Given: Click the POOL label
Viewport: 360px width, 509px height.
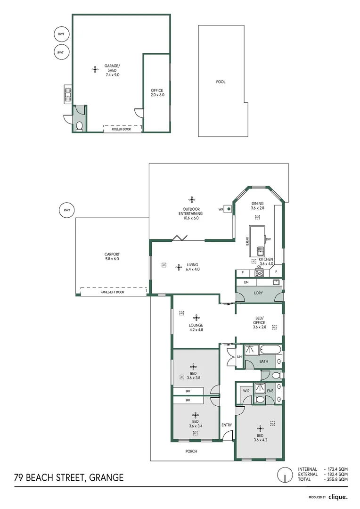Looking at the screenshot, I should click(x=221, y=82).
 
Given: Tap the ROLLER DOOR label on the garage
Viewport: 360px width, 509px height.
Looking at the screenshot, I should click(x=121, y=129).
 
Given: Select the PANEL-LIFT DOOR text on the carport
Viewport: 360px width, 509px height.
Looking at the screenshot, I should click(x=112, y=292).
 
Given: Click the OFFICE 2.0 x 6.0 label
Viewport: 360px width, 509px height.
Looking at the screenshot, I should click(x=157, y=92).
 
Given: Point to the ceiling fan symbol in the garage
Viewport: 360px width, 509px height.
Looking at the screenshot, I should click(x=95, y=69).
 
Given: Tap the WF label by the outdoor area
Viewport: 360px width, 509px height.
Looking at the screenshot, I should click(x=221, y=209).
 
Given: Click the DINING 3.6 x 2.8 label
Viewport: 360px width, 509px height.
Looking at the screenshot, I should click(x=257, y=205).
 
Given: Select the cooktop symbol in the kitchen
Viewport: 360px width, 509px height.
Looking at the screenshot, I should click(x=259, y=273).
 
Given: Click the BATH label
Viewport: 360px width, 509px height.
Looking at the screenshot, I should click(x=263, y=362).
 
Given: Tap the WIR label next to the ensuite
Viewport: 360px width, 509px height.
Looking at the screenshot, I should click(x=245, y=391).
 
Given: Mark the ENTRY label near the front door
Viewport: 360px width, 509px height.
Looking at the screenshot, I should click(x=227, y=425).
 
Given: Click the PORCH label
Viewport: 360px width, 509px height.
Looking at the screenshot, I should click(x=191, y=451).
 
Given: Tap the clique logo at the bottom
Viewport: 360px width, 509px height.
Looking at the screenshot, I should click(x=338, y=497).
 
